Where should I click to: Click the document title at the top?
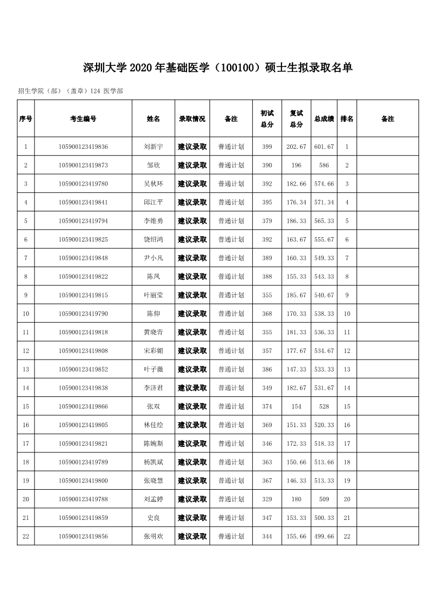[217, 68]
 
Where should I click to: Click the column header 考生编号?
[83, 119]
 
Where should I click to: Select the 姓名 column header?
[153, 119]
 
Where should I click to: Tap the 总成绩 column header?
[324, 119]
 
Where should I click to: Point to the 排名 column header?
[347, 119]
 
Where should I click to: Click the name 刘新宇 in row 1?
[153, 147]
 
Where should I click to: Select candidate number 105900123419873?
[83, 165]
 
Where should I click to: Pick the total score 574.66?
[324, 184]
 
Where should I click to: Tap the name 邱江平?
[153, 202]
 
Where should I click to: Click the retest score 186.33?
[296, 221]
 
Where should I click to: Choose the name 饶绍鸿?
[153, 239]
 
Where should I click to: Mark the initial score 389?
[267, 258]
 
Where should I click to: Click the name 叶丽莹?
[153, 295]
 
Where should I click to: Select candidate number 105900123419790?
[83, 313]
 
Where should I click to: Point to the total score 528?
[324, 406]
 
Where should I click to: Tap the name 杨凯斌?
[153, 462]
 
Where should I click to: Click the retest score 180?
[296, 499]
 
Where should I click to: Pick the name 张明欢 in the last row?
[153, 536]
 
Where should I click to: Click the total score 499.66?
[324, 536]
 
